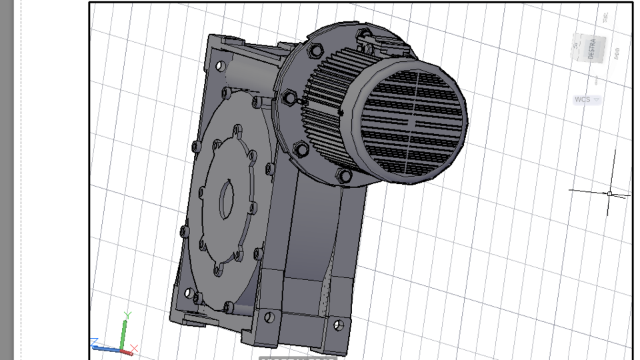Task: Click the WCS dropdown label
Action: pyautogui.click(x=583, y=100)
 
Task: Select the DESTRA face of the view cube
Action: pyautogui.click(x=589, y=49)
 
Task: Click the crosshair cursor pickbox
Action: pyautogui.click(x=609, y=194)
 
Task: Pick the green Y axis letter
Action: pyautogui.click(x=127, y=315)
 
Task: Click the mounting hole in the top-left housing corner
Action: pyautogui.click(x=219, y=66)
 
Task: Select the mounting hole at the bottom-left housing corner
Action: pyautogui.click(x=188, y=293)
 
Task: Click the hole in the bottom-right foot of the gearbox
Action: pyautogui.click(x=338, y=325)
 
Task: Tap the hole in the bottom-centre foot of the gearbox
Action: pyautogui.click(x=269, y=317)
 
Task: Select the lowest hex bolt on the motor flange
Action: pyautogui.click(x=344, y=176)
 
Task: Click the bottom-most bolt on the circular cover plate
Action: pyautogui.click(x=229, y=306)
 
